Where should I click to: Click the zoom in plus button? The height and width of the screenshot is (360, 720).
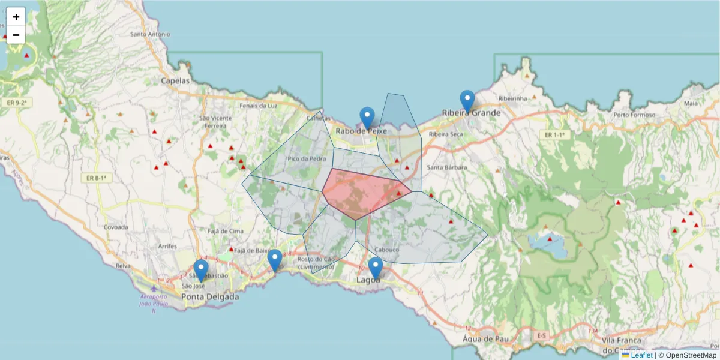(x=16, y=17)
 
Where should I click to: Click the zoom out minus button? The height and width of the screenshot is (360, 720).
(x=16, y=35)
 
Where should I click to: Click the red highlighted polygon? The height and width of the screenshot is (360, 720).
(x=363, y=193)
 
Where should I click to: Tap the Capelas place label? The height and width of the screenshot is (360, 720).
(x=175, y=80)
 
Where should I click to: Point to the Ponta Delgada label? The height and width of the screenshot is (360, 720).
(x=210, y=296)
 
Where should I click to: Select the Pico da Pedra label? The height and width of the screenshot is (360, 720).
(x=307, y=159)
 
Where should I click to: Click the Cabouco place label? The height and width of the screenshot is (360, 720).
(x=386, y=250)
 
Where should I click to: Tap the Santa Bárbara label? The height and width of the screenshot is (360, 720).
(x=446, y=167)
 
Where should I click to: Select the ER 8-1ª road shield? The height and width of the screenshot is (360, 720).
(x=96, y=178)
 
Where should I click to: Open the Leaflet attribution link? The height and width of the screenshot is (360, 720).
(x=641, y=355)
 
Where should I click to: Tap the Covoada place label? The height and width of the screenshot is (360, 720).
(x=116, y=227)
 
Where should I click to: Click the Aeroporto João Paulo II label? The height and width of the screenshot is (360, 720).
(x=154, y=304)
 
